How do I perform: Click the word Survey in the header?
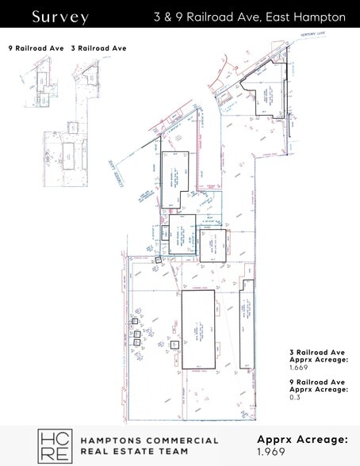[60, 17]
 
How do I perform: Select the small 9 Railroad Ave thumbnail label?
[36, 48]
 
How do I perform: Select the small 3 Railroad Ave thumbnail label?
[98, 48]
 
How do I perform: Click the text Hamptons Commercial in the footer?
[149, 440]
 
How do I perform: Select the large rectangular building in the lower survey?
[198, 329]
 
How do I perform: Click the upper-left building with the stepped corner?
[174, 178]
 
